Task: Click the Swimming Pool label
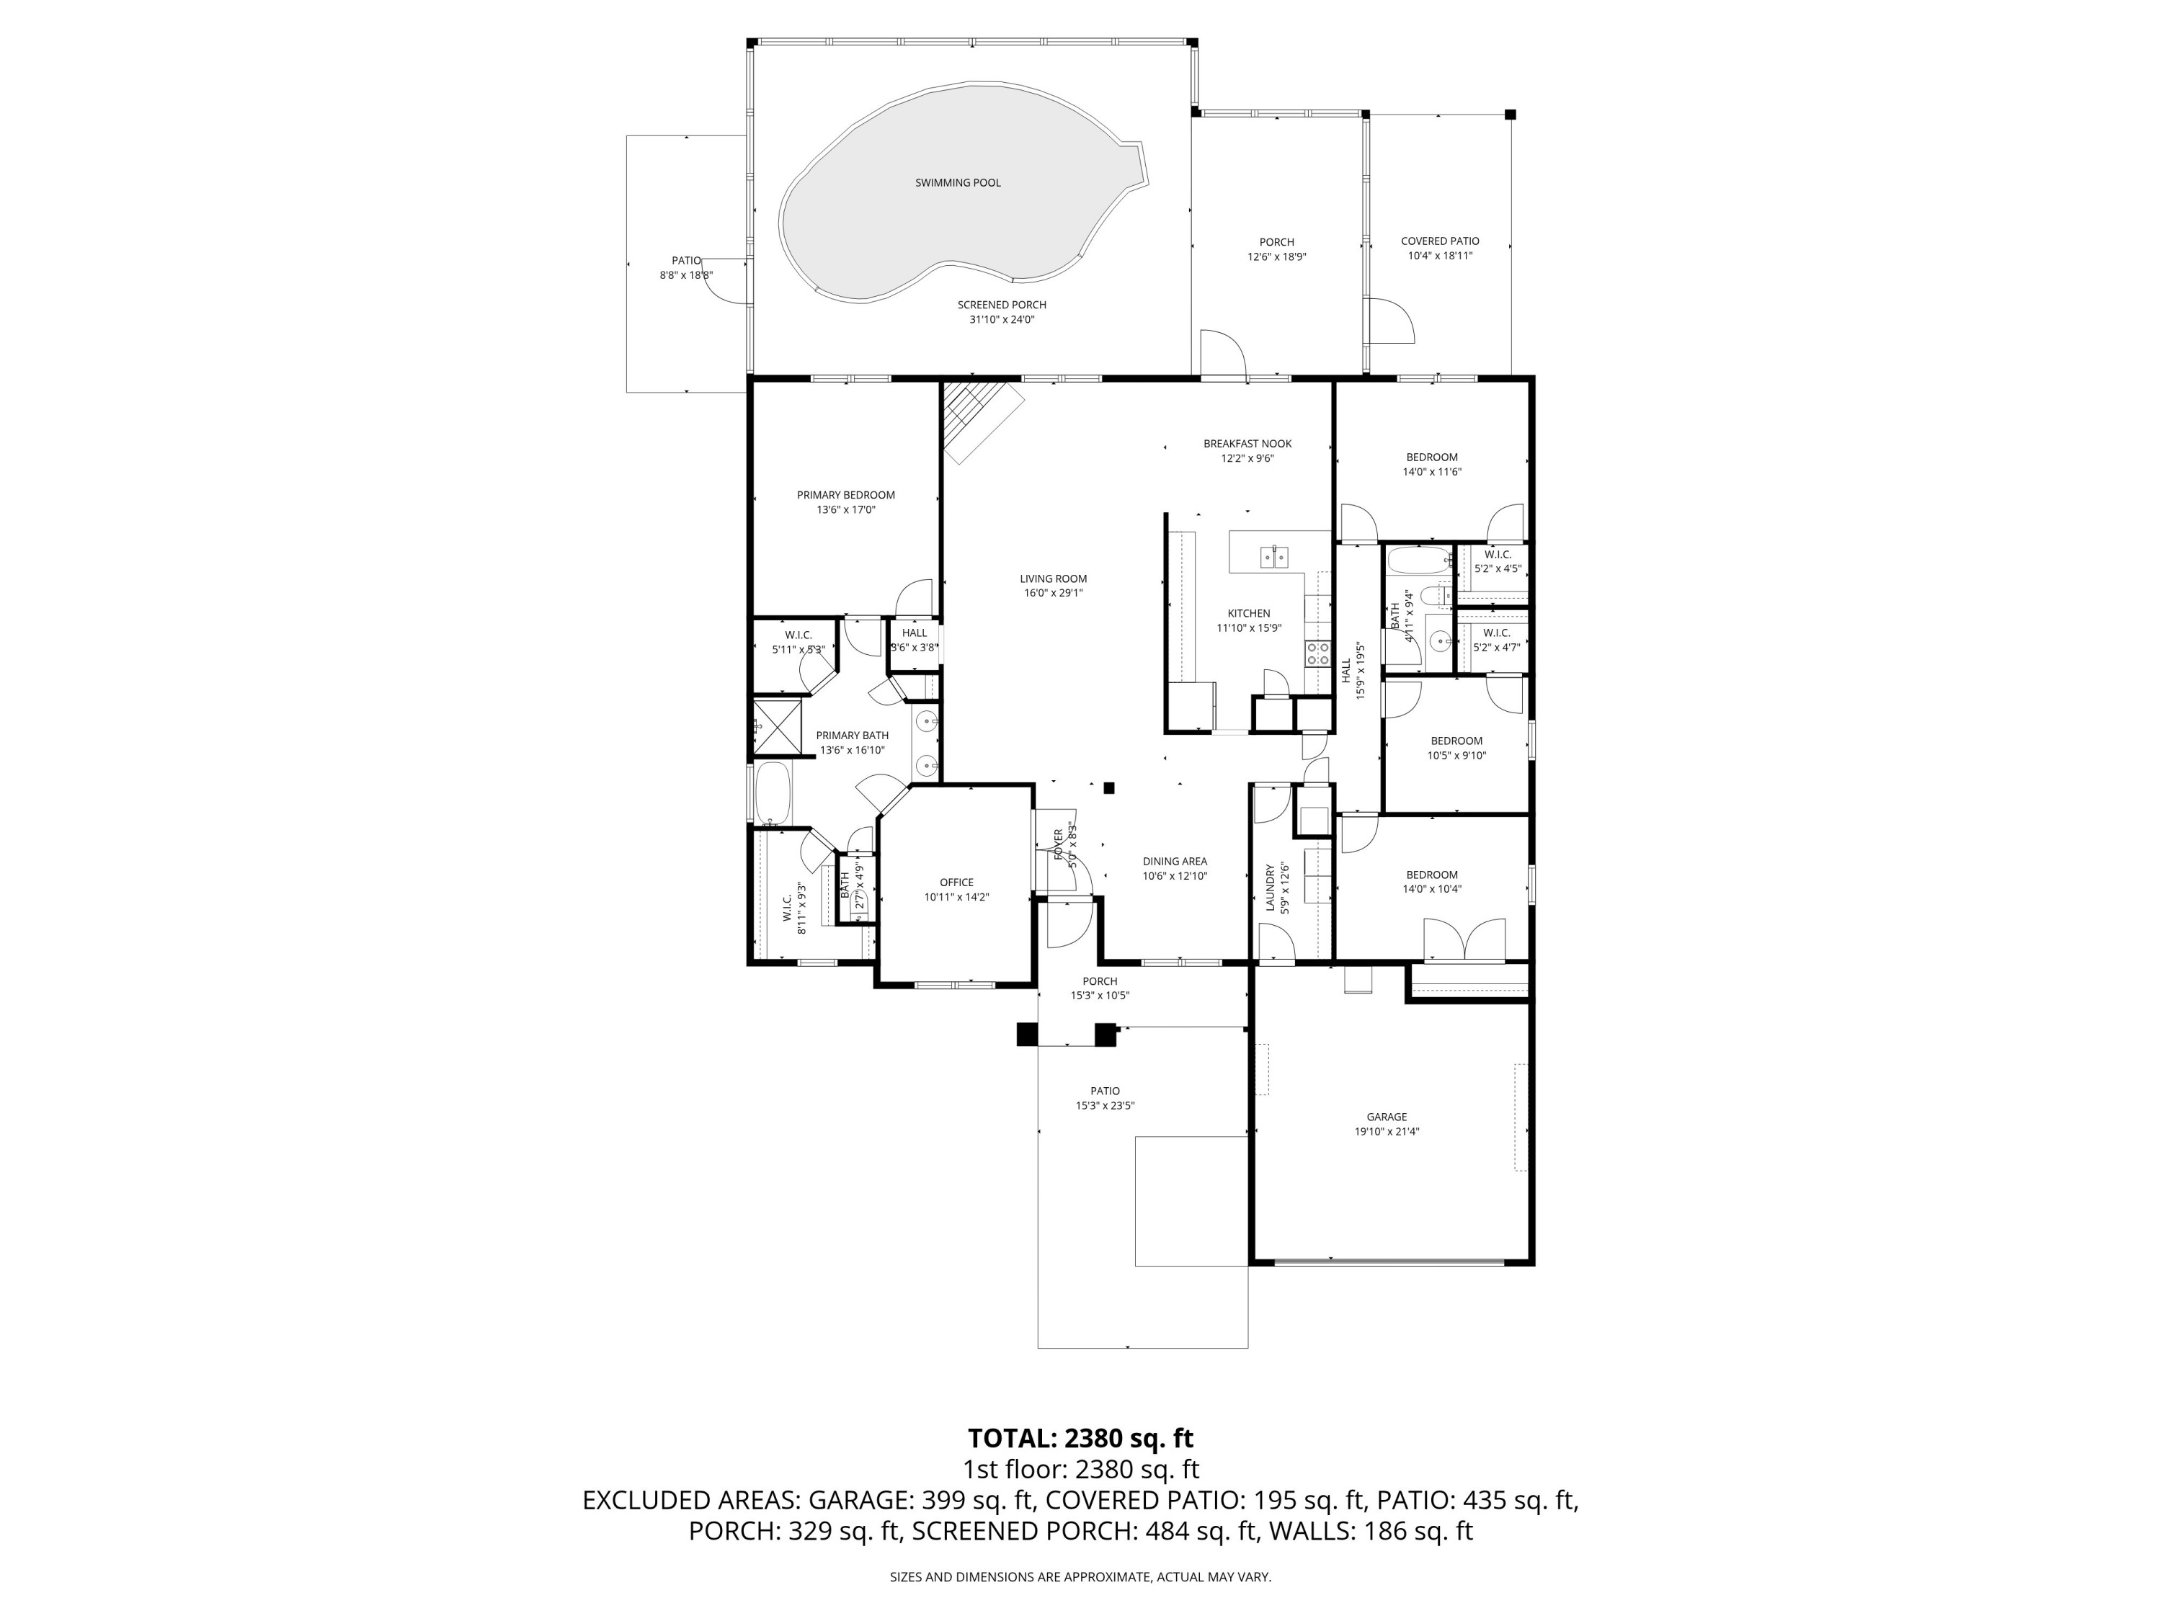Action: (957, 183)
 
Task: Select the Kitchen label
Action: (1248, 614)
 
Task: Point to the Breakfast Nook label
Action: (1247, 444)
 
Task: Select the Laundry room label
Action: (1271, 887)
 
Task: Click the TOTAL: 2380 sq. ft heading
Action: (1080, 1438)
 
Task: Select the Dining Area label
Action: (1174, 862)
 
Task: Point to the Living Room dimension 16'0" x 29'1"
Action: (1053, 593)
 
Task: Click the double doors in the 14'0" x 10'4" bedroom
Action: (1463, 940)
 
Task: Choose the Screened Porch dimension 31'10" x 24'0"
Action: (1001, 319)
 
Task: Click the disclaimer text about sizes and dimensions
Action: (1080, 1577)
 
